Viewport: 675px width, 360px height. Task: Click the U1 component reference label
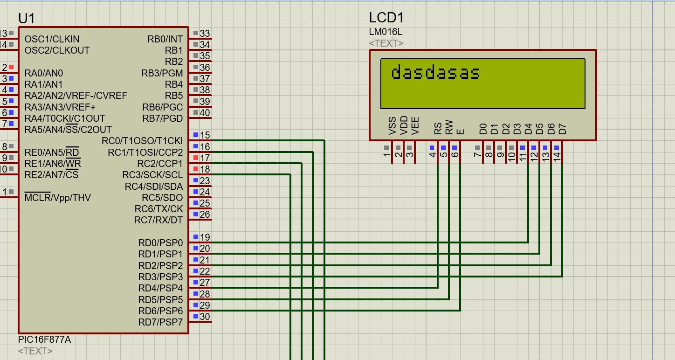point(27,19)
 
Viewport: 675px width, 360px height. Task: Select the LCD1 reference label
point(386,18)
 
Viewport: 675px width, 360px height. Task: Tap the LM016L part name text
point(385,32)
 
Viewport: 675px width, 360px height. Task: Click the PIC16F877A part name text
point(44,339)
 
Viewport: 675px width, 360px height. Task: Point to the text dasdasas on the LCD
point(435,73)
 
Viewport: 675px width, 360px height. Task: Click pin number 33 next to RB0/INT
point(205,34)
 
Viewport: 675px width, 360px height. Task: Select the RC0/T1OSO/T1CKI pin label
point(142,141)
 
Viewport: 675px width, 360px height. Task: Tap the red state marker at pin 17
point(196,158)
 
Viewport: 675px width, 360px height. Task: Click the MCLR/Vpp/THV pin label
point(57,198)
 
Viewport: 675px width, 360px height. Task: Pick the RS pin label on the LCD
point(438,128)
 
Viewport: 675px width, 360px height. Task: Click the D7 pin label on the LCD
point(563,129)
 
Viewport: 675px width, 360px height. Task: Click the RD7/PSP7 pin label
point(160,322)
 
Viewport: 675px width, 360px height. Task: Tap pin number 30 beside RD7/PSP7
point(205,317)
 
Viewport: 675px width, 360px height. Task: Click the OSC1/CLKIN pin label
point(52,39)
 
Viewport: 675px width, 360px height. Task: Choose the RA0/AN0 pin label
point(44,73)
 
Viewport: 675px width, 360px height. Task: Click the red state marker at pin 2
point(11,67)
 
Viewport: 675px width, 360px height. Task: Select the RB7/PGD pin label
point(163,118)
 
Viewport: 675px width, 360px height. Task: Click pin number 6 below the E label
point(455,155)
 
